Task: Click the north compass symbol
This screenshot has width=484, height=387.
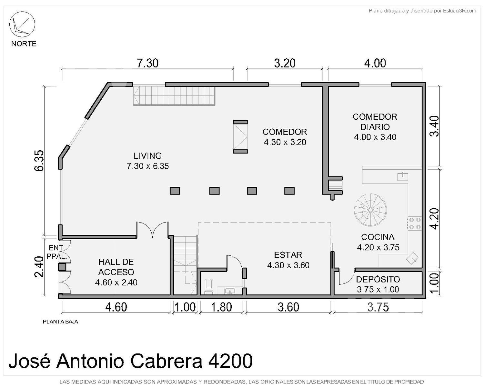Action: point(22,24)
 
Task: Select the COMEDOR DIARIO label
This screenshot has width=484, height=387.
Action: point(375,122)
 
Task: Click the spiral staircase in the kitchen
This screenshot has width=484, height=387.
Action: point(370,210)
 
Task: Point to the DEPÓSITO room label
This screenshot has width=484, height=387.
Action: point(378,279)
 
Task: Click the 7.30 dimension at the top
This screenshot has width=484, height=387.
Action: point(147,63)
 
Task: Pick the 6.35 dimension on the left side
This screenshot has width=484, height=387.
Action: point(39,161)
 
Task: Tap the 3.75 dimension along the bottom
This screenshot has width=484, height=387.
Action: point(378,307)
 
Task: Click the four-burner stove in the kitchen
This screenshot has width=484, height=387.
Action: point(415,223)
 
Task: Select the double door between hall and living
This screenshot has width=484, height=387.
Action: point(153,230)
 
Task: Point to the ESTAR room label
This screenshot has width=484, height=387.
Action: point(288,255)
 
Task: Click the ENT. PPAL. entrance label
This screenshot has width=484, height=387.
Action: point(57,252)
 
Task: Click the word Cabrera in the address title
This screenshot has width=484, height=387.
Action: point(166,361)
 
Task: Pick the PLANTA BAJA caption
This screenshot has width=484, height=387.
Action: point(61,322)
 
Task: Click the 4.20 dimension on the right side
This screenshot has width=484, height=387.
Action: point(435,219)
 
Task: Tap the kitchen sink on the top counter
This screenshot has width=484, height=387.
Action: point(403,176)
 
